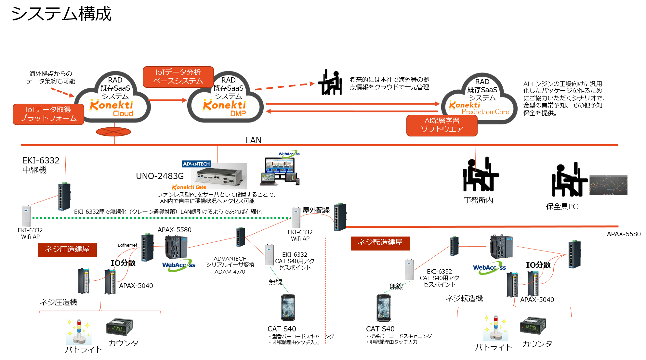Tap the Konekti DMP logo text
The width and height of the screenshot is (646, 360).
pos(224,108)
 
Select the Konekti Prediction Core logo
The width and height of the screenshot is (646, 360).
pos(478,108)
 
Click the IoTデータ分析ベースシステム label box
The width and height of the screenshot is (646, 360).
pos(178,77)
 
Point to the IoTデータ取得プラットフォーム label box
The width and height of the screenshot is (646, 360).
pos(48,114)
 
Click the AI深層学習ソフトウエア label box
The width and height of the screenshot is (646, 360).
pos(442,125)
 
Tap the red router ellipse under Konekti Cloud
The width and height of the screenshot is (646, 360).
pos(113,132)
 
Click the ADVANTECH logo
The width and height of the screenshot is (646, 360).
pos(196,164)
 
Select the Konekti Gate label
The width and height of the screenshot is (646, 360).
pos(189,187)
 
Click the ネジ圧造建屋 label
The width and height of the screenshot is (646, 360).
pos(67,250)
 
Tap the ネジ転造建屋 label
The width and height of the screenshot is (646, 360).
pos(380,243)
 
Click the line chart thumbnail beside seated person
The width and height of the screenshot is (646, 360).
pos(608,185)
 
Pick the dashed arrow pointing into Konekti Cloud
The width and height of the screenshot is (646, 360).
pos(62,92)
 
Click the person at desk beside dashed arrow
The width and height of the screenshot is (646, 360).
pos(330,82)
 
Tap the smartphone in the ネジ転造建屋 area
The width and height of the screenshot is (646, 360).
pos(384,307)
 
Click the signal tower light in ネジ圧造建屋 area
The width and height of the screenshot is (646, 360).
pos(79,331)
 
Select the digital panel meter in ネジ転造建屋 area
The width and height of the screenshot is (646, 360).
pos(533,326)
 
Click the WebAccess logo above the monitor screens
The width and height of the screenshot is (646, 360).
pos(289,154)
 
